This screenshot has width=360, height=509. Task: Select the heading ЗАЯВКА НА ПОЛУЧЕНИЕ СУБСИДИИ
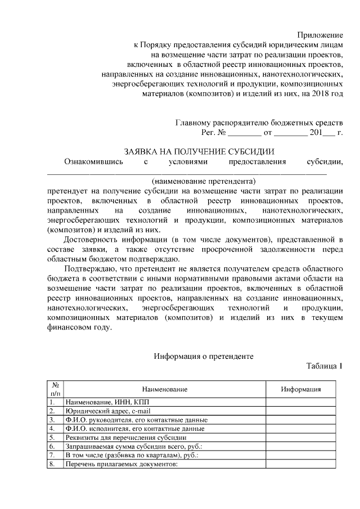pos(199,152)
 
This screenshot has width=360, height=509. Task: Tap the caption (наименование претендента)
pos(203,181)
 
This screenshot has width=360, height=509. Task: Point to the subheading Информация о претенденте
pos(204,356)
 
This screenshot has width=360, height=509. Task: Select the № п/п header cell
pos(55,389)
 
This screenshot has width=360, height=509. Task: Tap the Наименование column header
pos(164,389)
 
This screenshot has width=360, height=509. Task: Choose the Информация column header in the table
pos(301,389)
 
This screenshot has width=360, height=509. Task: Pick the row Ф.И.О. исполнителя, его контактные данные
pos(134,429)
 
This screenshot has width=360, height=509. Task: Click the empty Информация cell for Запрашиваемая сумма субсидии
pos(301,447)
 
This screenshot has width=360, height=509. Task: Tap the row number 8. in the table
pos(52,465)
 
